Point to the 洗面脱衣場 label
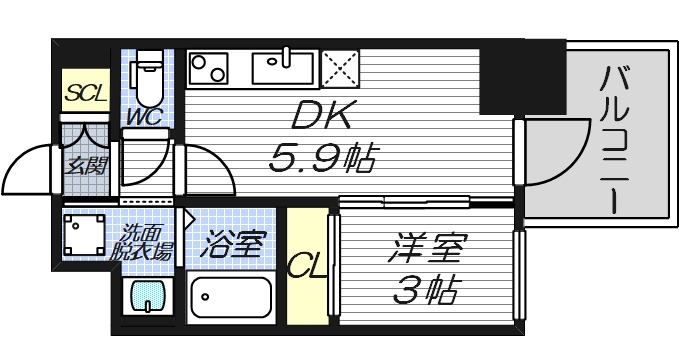(x=145, y=243)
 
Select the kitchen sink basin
(x=285, y=69)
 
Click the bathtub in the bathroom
(x=231, y=299)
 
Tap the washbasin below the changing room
(x=146, y=298)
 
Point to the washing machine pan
(x=86, y=234)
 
